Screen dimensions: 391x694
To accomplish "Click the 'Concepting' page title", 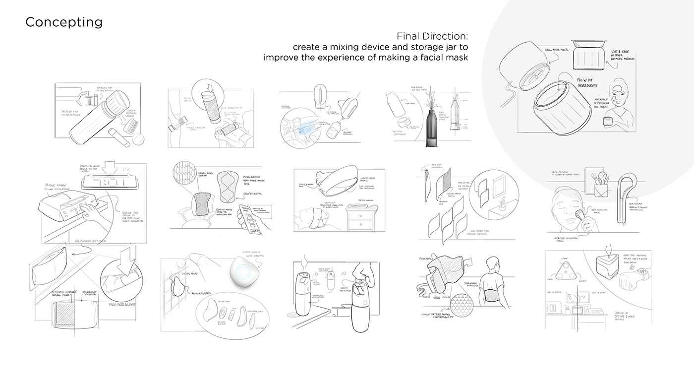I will [64, 22].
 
